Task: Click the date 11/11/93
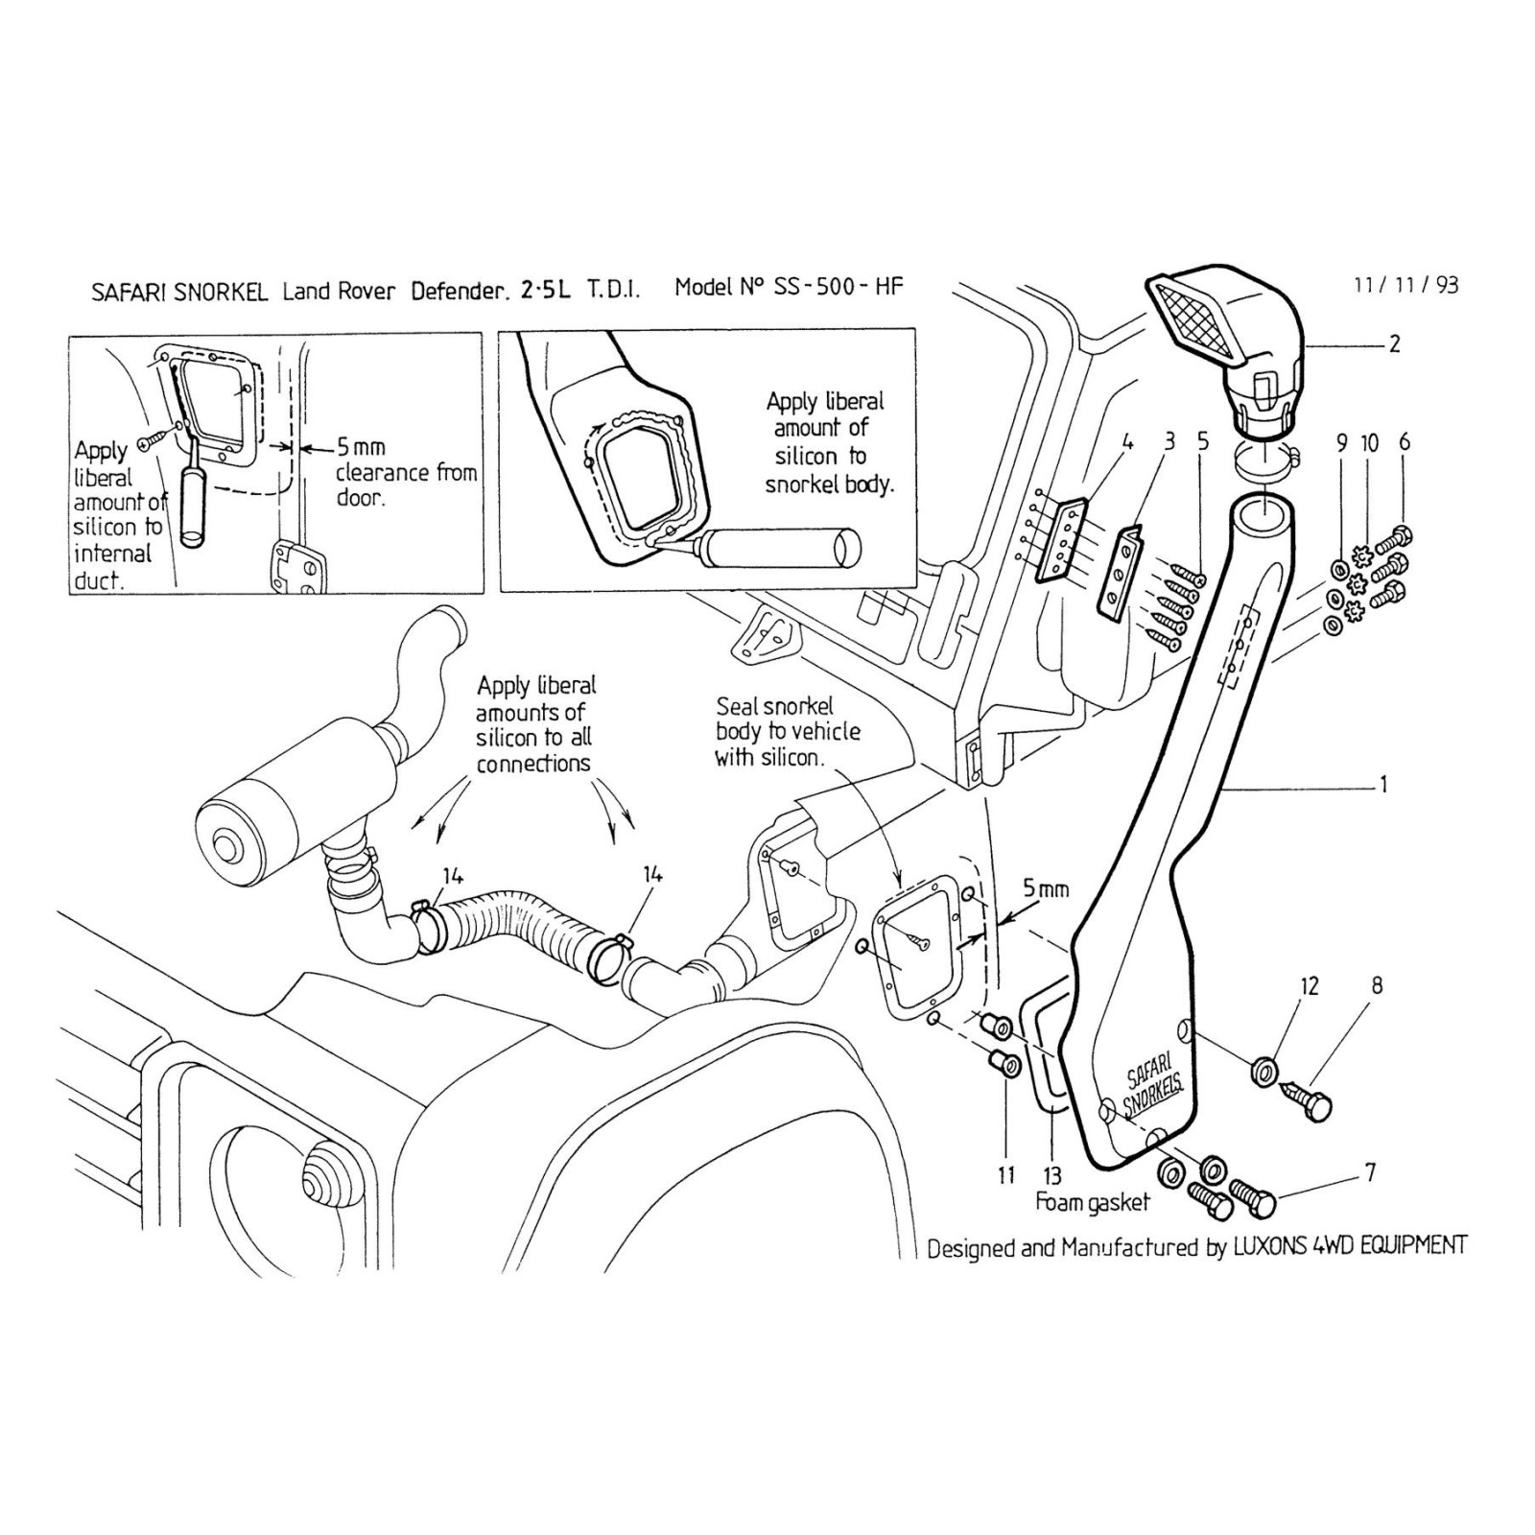click(1405, 285)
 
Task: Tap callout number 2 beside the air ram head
click(1394, 343)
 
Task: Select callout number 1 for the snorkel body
click(1383, 785)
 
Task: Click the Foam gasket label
click(1092, 1202)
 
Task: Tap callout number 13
click(1052, 1175)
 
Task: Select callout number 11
click(1005, 1175)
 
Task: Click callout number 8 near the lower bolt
click(1377, 985)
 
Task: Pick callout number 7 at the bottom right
click(1370, 1172)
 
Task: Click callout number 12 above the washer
click(1310, 986)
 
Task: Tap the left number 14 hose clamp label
click(453, 875)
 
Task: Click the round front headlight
click(320, 1177)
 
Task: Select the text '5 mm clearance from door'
click(405, 472)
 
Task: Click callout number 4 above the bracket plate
click(1127, 442)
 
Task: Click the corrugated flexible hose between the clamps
click(523, 921)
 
